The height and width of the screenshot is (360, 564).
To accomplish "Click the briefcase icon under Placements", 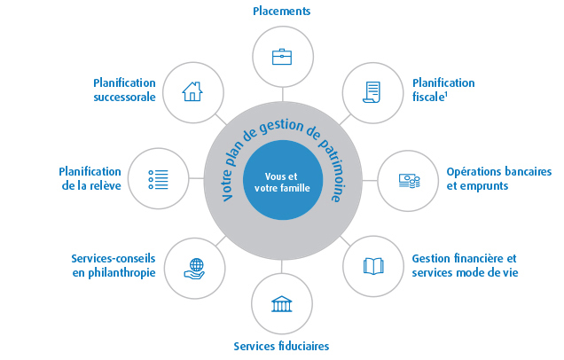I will tap(282, 56).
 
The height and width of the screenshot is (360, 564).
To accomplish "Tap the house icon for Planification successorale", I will tap(192, 91).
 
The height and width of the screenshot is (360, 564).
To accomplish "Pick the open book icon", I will tap(373, 265).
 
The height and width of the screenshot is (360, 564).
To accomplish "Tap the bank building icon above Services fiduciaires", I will tap(283, 303).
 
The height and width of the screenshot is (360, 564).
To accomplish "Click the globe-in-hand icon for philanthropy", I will tap(192, 266).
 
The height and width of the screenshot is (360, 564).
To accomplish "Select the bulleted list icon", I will tap(157, 178).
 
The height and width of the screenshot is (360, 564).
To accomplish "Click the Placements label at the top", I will tap(282, 12).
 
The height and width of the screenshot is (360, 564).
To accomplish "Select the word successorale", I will tap(123, 98).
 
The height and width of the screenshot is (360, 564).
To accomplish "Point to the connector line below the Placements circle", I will tap(282, 92).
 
